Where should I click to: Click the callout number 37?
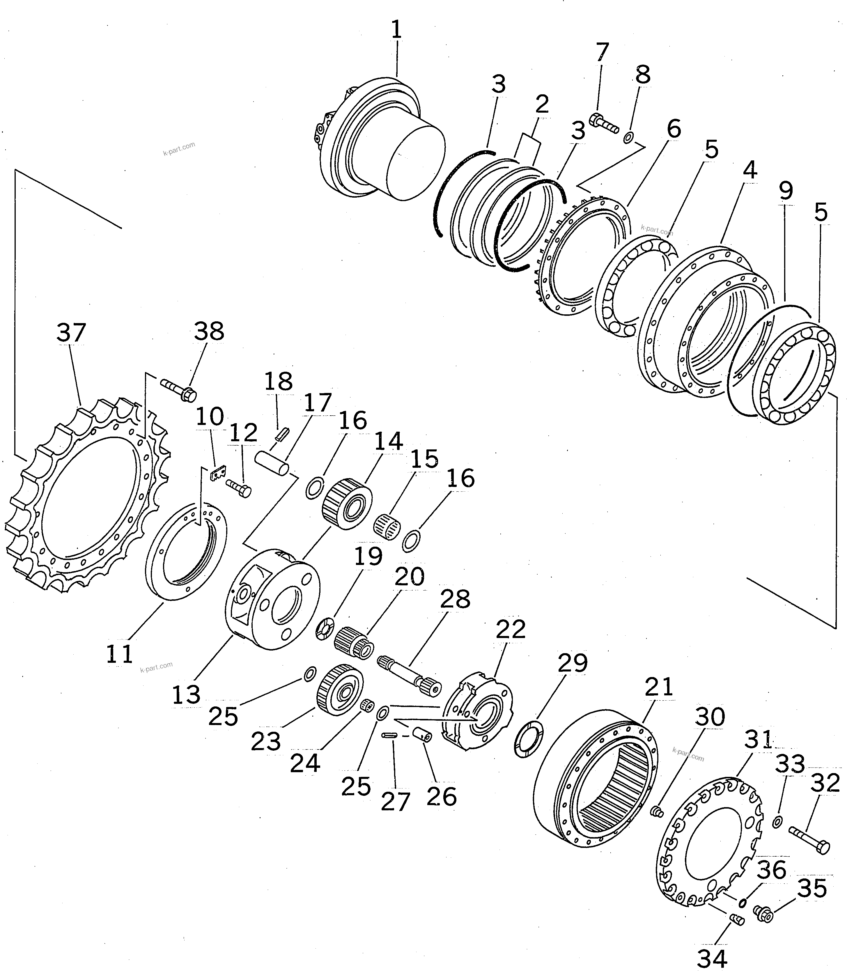(71, 333)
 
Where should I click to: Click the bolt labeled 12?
(239, 488)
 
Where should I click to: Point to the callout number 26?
(442, 796)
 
